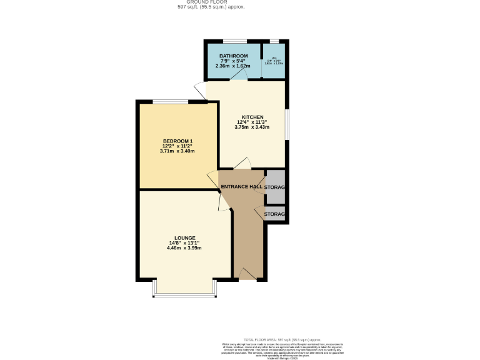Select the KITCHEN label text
pos(252,117)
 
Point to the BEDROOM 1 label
pos(178,141)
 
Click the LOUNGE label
pos(185,238)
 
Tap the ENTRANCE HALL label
pos(241,187)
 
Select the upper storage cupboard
pos(275,187)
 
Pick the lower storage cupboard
pos(275,214)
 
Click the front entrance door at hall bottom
pos(247,273)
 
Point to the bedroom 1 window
pos(170,101)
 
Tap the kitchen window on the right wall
pos(287,124)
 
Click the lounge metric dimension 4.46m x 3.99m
pos(185,248)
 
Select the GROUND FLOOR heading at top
pos(211,2)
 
